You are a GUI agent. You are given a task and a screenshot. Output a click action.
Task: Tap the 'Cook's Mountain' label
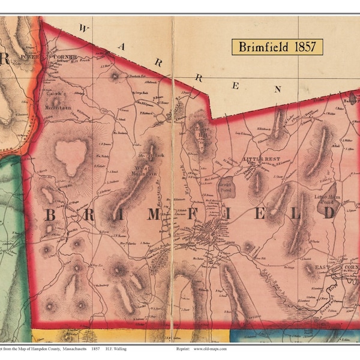pyautogui.click(x=56, y=104)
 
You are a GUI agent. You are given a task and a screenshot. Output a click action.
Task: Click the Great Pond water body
pyautogui.click(x=226, y=188)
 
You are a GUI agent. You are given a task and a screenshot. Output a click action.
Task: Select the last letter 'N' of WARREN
pyautogui.click(x=277, y=89)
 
